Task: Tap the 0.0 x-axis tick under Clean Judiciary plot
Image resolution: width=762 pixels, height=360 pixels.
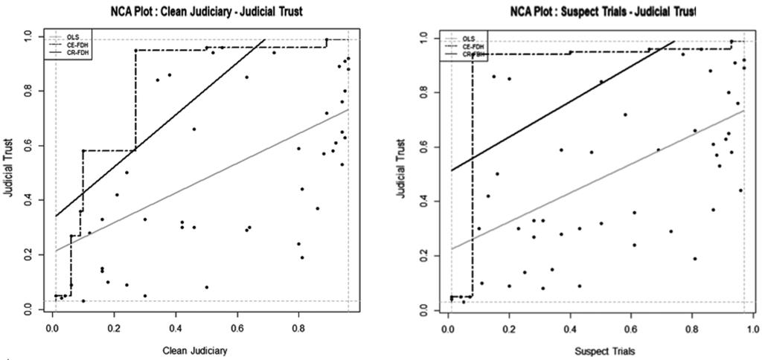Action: [x=52, y=327]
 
